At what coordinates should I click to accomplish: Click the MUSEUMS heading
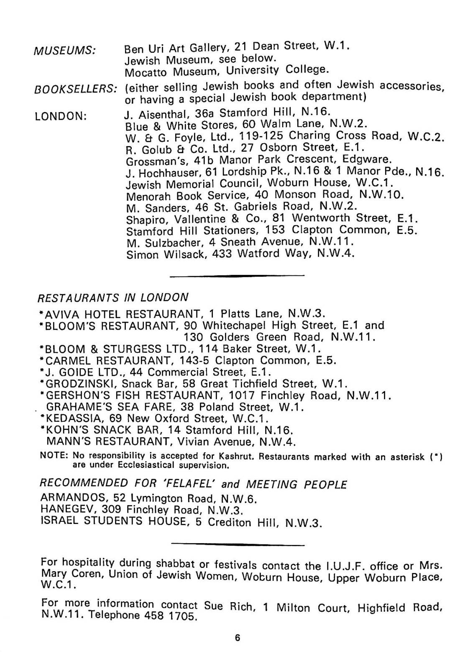65,51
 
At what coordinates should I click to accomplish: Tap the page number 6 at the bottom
238,638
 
